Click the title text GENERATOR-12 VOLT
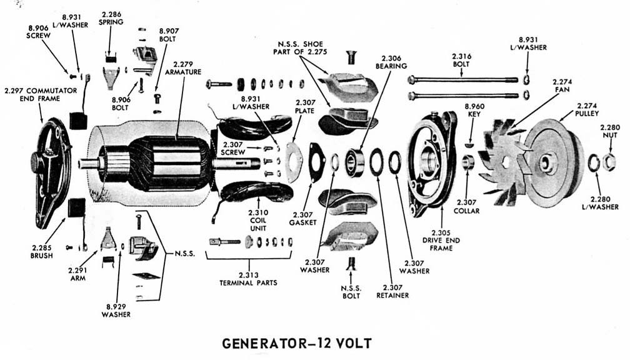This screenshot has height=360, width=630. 297,343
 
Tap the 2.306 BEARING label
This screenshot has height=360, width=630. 392,61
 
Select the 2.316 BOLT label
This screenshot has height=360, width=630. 461,61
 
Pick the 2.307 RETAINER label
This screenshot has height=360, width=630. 392,291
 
